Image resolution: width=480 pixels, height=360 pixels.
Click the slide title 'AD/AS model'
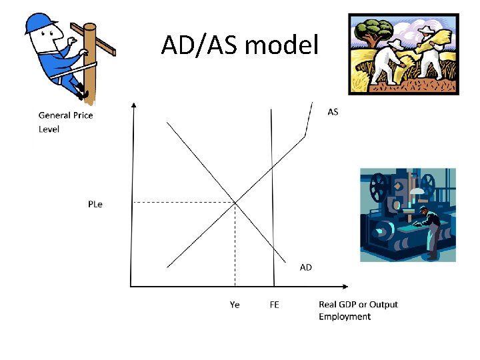[x=241, y=45]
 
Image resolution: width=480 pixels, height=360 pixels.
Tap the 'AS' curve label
[x=333, y=111]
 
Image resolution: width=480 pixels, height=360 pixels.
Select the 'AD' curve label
[x=305, y=267]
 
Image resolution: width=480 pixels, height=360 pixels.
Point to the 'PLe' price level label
[x=95, y=204]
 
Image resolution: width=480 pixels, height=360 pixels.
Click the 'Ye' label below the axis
[x=235, y=305]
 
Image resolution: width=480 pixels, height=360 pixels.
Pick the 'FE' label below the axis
[x=274, y=305]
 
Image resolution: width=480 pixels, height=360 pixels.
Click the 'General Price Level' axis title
[x=65, y=122]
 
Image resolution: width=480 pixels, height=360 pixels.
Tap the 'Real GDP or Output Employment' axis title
[x=357, y=310]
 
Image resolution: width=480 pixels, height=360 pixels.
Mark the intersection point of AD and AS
[x=235, y=202]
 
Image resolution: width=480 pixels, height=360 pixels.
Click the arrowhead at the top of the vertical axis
[x=134, y=105]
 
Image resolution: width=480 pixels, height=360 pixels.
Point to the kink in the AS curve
[x=305, y=137]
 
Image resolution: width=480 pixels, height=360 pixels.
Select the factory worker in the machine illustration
[x=430, y=230]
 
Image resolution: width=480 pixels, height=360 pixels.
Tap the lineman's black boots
[x=82, y=91]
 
